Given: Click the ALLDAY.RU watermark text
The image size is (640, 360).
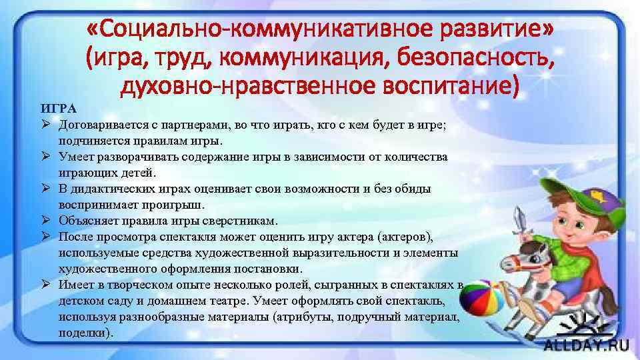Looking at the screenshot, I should pos(586,345).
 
